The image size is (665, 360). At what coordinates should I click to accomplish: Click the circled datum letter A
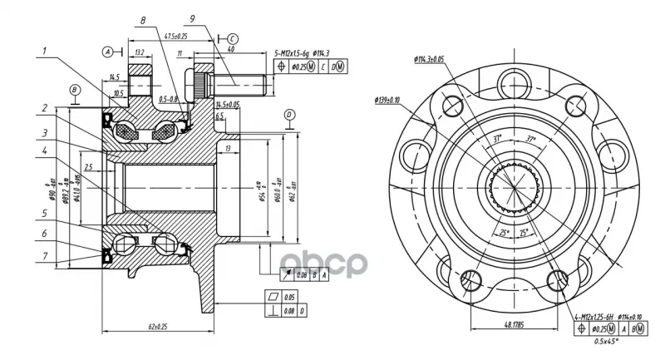(x=108, y=52)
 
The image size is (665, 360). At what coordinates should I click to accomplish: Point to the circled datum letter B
(x=74, y=90)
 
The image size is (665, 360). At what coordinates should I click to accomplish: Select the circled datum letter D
(x=288, y=114)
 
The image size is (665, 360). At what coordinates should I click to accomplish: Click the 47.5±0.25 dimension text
(x=175, y=37)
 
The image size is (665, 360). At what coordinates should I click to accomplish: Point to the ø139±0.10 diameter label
(x=384, y=101)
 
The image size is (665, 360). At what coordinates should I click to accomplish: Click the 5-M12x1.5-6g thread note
(x=298, y=53)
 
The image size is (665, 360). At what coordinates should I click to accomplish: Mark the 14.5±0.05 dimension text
(x=227, y=105)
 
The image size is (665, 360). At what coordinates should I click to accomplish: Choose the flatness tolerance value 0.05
(x=288, y=295)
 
